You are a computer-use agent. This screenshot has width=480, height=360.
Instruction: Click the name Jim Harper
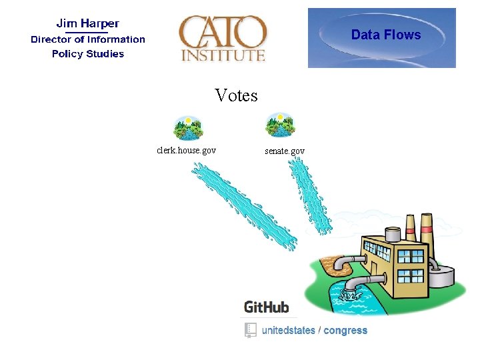click(87, 24)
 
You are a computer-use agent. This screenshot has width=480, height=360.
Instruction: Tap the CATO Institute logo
click(223, 38)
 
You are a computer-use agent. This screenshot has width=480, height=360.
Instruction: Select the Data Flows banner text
click(386, 35)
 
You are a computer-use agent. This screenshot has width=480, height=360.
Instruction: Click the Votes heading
click(236, 96)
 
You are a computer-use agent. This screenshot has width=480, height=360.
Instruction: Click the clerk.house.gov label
click(186, 151)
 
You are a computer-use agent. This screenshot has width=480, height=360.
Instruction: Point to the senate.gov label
click(285, 151)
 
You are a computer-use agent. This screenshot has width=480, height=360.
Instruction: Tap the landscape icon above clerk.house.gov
click(187, 127)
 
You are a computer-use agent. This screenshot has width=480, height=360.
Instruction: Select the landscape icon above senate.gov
click(280, 125)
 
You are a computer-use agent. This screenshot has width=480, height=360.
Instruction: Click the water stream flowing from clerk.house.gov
click(243, 207)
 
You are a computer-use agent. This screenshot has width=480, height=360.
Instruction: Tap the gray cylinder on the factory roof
click(392, 234)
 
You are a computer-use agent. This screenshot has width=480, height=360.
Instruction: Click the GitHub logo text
click(267, 307)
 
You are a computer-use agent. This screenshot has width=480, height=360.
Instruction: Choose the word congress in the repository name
click(345, 330)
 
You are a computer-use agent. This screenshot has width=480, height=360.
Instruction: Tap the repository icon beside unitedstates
click(250, 330)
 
